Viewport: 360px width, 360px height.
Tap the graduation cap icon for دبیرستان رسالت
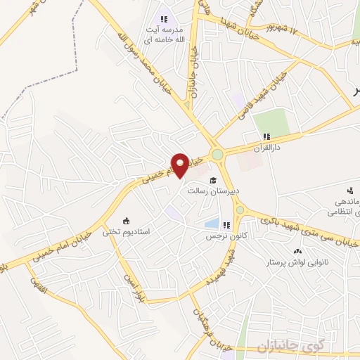[x=212, y=180]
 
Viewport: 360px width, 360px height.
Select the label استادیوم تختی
[x=126, y=231]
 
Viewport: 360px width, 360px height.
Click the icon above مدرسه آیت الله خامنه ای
[x=163, y=19]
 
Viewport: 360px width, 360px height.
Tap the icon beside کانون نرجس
[x=226, y=225]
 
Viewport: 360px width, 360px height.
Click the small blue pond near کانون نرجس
[x=211, y=224]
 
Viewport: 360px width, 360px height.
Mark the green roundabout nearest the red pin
[x=217, y=154]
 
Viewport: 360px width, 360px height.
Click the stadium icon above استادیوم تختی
[x=126, y=220]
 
